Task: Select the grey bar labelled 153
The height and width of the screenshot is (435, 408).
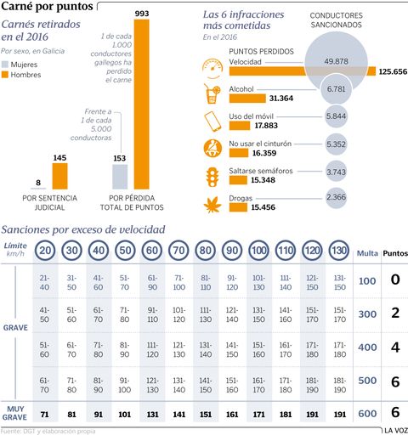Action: [x=120, y=177]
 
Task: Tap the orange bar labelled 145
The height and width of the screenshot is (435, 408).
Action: [x=59, y=177]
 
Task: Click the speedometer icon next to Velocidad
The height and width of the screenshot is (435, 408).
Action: [x=212, y=67]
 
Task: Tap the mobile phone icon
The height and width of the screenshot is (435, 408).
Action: [x=212, y=119]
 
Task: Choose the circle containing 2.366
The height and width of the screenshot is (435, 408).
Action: [x=336, y=198]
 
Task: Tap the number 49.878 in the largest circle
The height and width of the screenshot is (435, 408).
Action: [x=336, y=61]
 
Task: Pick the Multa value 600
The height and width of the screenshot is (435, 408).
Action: [x=366, y=414]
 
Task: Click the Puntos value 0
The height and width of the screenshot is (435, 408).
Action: [x=394, y=280]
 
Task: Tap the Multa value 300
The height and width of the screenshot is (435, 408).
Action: [x=366, y=314]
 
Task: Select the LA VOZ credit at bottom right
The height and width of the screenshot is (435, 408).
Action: [x=392, y=430]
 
